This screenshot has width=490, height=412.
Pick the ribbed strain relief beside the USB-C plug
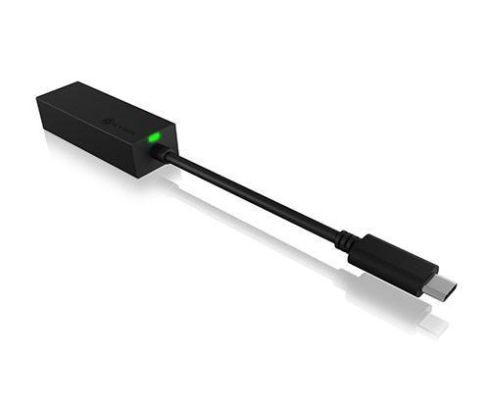(x=345, y=238)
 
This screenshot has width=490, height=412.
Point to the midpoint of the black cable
(x=255, y=194)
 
